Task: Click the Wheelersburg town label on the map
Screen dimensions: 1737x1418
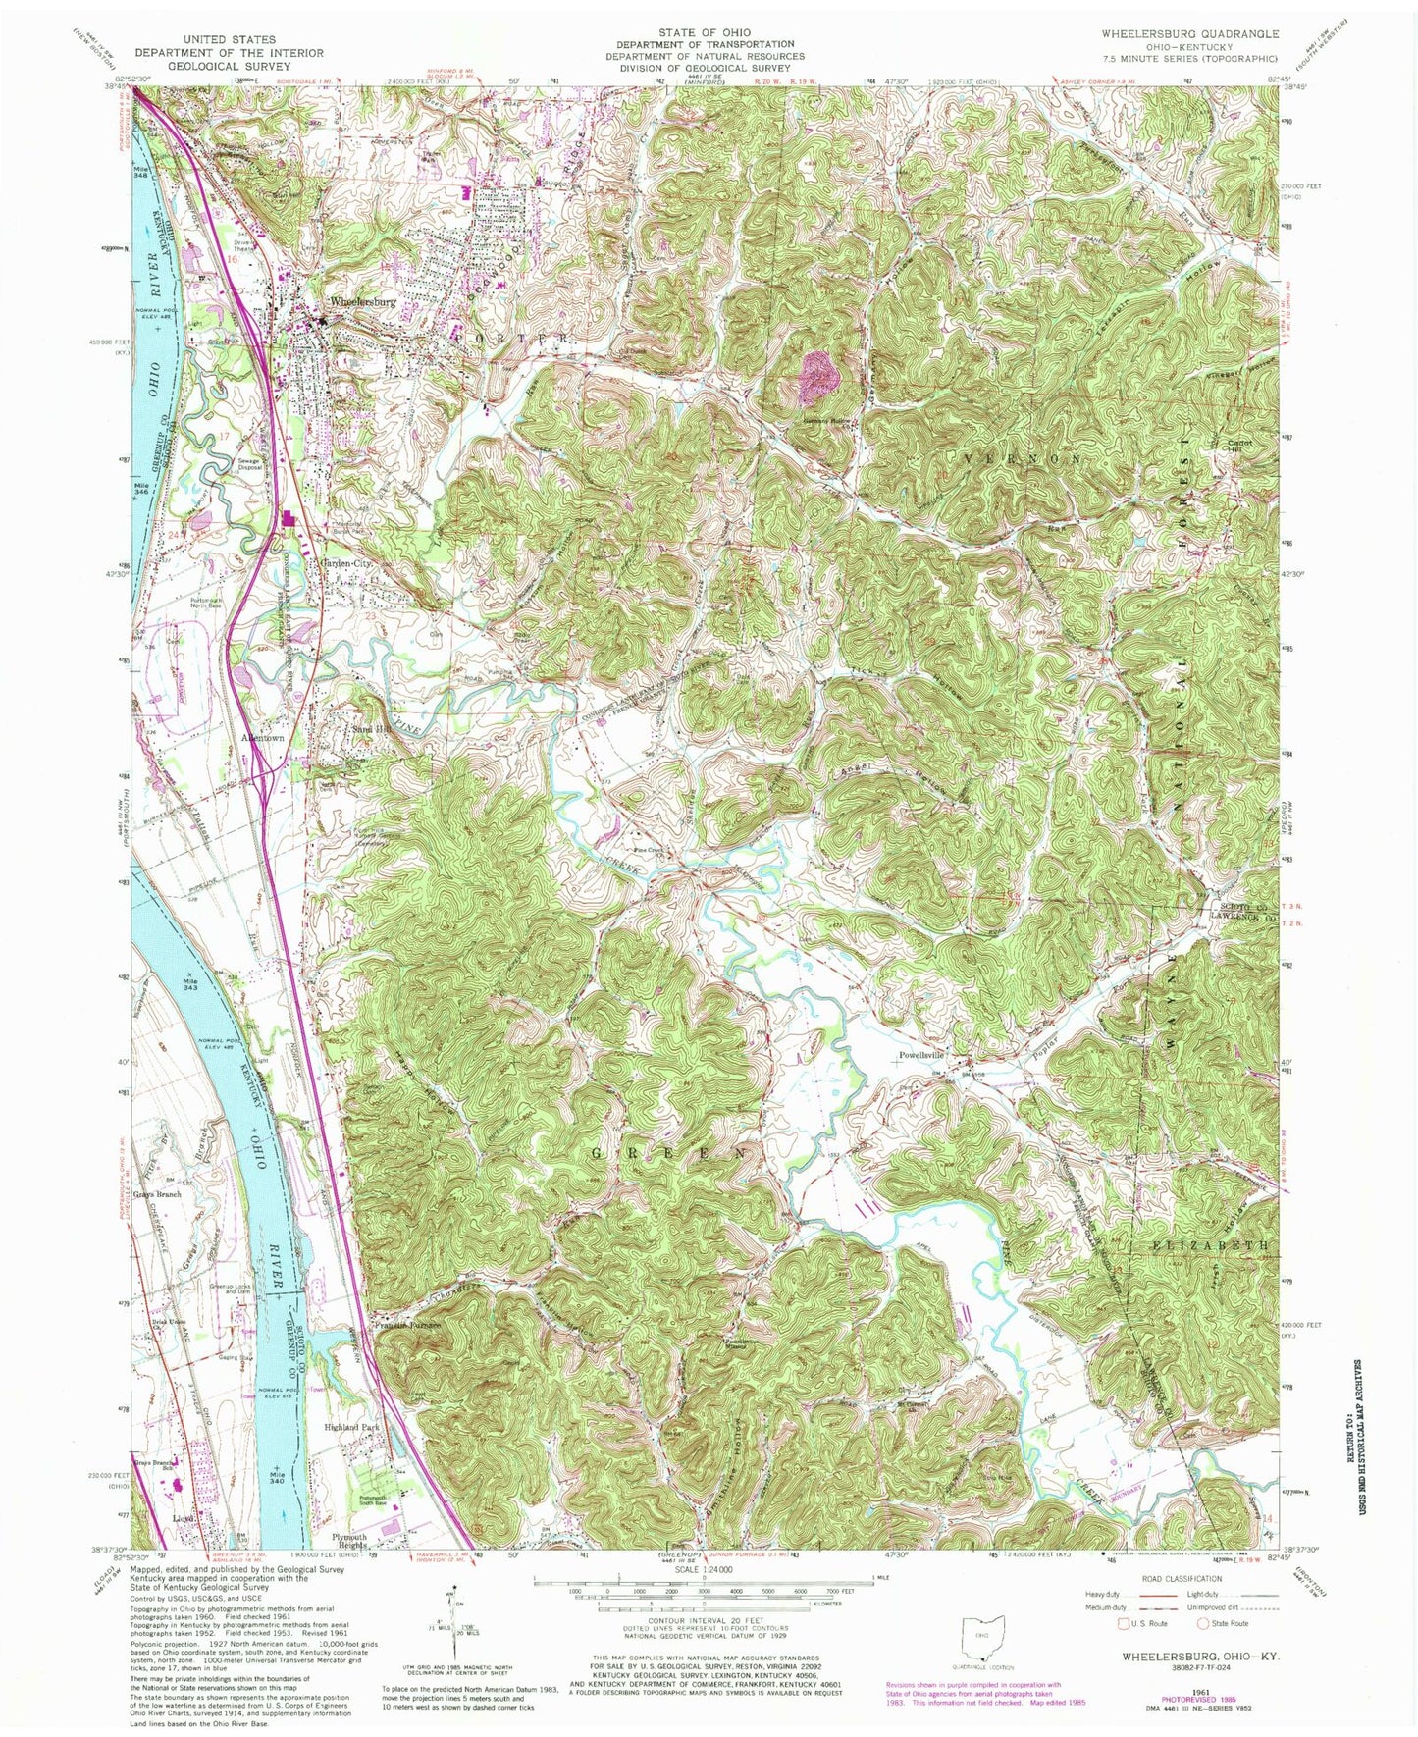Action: click(x=363, y=302)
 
